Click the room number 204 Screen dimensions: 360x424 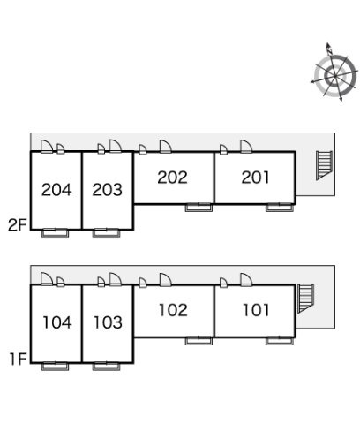pos(56,190)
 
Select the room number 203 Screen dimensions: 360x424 pos(107,190)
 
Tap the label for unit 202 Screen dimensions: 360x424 pos(172,178)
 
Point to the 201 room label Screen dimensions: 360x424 pos(255,178)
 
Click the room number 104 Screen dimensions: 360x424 pos(57,322)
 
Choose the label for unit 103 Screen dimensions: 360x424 pos(108,322)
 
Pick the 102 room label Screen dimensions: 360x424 pos(173,310)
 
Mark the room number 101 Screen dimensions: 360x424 pos(256,310)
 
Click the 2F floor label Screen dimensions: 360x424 pos(18,225)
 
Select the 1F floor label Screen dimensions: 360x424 pos(19,359)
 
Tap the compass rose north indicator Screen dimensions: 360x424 pos(329,49)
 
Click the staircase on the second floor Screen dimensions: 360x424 pos(324,165)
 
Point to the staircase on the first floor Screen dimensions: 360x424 pos(305,299)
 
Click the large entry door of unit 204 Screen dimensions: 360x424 pos(47,147)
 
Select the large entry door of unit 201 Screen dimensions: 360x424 pos(246,147)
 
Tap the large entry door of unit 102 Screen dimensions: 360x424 pos(166,280)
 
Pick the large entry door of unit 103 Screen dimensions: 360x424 pos(116,279)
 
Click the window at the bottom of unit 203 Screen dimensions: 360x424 pos(106,233)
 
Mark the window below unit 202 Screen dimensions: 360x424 pos(199,208)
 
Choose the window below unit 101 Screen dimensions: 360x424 pos(280,341)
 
